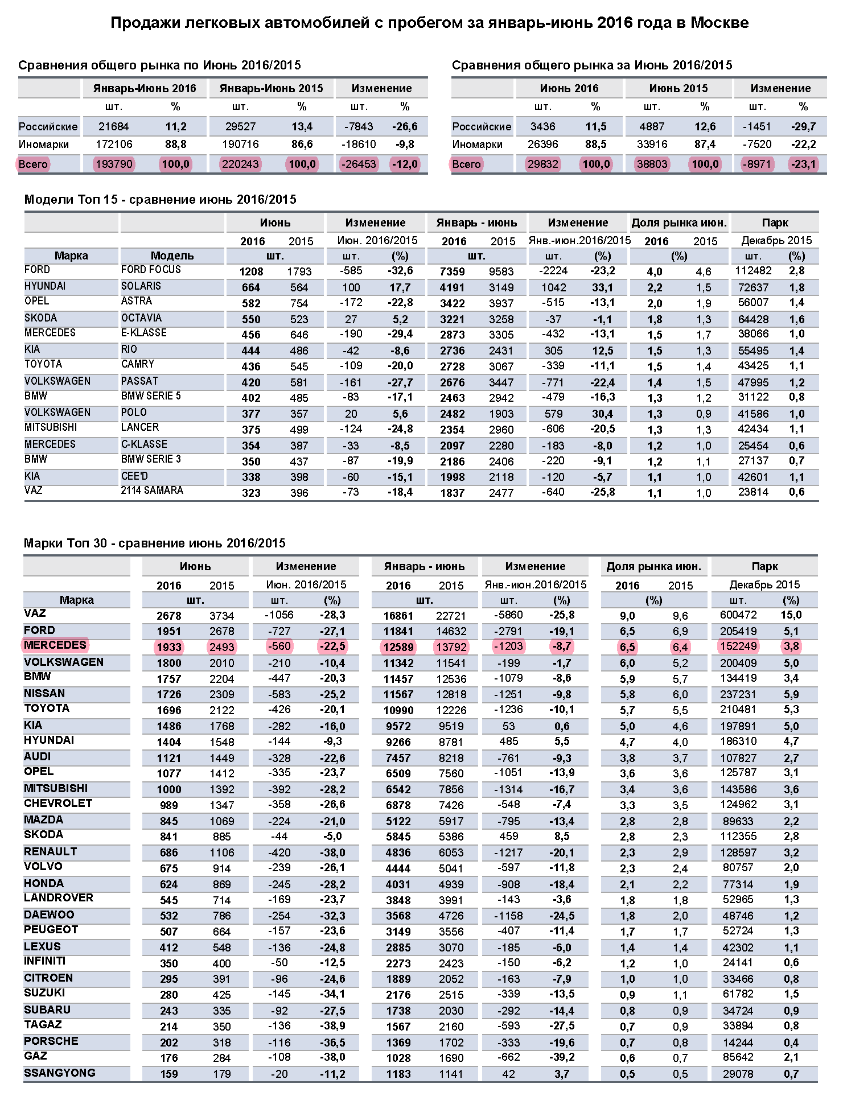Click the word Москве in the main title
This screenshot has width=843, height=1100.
coord(719,23)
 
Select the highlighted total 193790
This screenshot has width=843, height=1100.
coord(114,164)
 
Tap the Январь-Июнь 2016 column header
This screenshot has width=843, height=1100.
coord(145,88)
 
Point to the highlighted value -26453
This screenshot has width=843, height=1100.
coord(359,164)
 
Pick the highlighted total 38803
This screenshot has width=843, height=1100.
coord(652,164)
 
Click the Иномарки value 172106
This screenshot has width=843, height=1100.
coord(114,145)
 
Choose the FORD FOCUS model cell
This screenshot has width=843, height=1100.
coord(151,270)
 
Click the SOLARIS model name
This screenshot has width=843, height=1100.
coord(141,286)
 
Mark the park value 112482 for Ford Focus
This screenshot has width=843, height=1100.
coord(753,271)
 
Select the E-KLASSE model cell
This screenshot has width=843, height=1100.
coord(144,333)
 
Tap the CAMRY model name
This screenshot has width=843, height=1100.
coord(138,364)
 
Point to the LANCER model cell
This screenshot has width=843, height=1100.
coord(140,427)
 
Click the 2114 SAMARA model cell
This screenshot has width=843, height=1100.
coord(152,491)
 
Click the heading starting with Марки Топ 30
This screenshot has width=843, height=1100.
coord(154,543)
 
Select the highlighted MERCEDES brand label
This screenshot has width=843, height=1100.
coord(55,645)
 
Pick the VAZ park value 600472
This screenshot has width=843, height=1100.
coord(738,615)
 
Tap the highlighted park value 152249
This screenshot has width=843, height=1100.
coord(738,646)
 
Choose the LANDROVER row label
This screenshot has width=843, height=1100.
coord(59,898)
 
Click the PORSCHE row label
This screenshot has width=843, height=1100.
coord(51,1041)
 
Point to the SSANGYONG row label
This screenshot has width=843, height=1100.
coord(60,1073)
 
